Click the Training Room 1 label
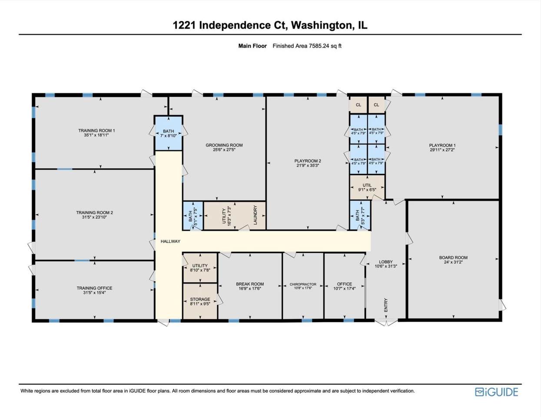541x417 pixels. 96,130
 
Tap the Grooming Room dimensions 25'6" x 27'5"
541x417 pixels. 224,150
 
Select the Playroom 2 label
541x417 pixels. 308,161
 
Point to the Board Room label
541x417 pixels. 453,258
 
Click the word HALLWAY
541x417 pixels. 170,242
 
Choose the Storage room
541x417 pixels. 200,301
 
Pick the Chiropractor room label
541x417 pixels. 303,284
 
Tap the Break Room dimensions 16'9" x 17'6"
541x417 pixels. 250,288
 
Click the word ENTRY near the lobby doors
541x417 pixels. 386,305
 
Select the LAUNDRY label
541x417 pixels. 255,215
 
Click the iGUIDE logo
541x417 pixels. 496,392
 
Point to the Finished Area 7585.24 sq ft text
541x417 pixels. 307,46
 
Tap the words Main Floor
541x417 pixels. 252,46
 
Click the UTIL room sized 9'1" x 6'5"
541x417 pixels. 367,187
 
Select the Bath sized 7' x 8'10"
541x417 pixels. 169,133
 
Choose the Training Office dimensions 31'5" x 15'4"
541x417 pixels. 94,293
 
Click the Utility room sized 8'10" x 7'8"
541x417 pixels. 200,268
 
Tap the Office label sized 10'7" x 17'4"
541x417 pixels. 344,284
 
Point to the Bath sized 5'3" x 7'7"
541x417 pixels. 360,215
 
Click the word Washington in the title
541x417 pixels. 321,25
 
